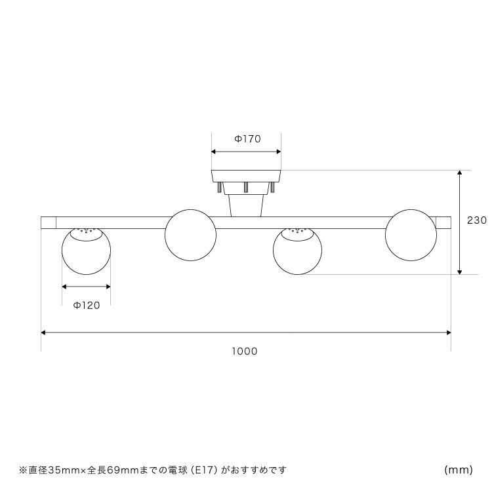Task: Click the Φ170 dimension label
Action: pos(247,138)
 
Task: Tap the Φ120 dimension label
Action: pos(87,305)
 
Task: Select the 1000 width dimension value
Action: pos(245,351)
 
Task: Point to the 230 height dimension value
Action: pos(477,220)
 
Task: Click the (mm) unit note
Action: pos(459,470)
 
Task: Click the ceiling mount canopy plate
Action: pos(246,176)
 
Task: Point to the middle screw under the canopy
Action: pos(246,187)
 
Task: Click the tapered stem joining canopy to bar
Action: pos(246,205)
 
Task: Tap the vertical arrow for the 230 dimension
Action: pos(460,222)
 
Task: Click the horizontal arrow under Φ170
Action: pos(246,152)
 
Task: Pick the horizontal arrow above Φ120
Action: pos(87,287)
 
